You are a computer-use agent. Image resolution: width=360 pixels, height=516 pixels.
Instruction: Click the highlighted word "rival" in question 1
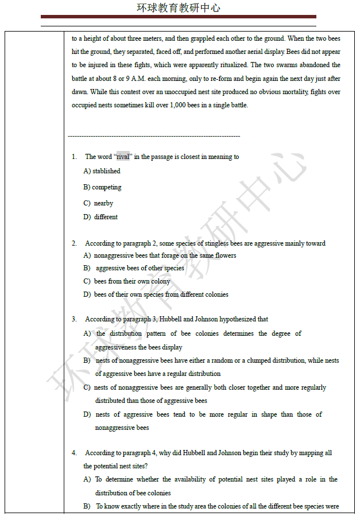[123, 157]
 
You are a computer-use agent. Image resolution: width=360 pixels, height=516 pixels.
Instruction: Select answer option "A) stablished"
[102, 171]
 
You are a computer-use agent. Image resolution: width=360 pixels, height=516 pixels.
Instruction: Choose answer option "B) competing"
[102, 187]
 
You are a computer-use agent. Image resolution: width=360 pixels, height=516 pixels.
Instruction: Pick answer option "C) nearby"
[98, 203]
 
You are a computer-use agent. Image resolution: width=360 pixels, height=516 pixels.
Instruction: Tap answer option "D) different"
[100, 217]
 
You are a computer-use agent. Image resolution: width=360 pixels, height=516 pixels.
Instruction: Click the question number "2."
[74, 243]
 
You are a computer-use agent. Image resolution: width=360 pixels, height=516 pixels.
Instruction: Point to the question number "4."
[74, 453]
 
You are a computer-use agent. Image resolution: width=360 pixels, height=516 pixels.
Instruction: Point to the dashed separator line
[154, 136]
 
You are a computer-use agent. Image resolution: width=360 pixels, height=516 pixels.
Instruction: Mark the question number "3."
[74, 319]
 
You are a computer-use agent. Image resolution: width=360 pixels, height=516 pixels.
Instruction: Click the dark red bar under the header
[178, 17]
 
